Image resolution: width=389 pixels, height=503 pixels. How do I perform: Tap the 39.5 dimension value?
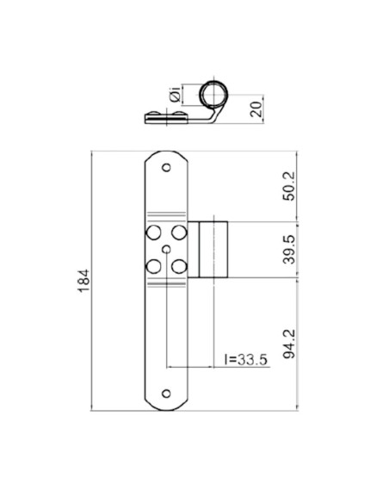(290, 250)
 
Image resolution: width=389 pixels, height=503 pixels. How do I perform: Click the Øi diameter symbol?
(176, 97)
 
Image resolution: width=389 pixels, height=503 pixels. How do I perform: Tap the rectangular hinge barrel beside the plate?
(212, 250)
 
